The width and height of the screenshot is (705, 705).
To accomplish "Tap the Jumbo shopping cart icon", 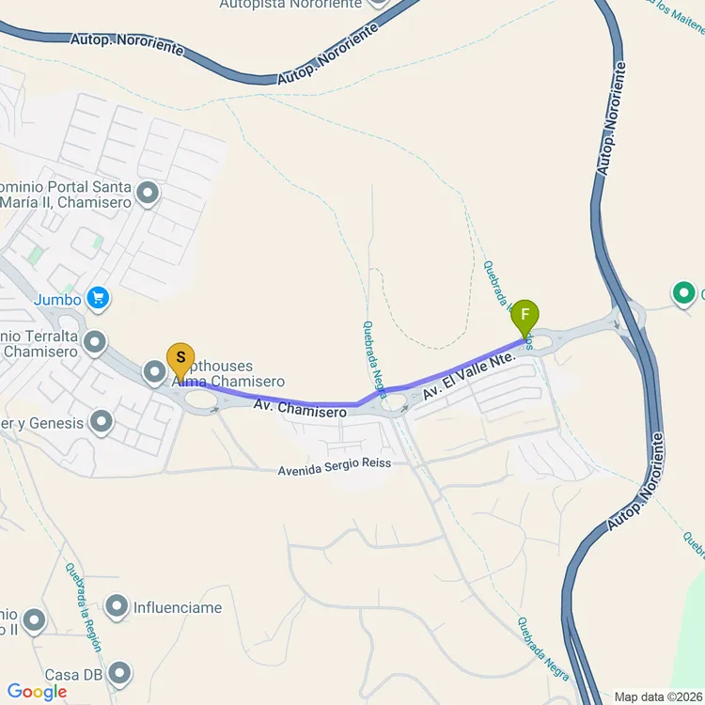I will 98,300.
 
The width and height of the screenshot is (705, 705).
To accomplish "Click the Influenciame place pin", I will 117,607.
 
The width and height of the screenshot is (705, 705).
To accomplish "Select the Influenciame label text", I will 178,608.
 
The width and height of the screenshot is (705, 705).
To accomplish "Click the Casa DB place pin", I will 119,673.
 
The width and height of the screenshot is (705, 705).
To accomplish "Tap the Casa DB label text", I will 73,675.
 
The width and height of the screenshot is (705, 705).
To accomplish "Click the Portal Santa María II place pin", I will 148,195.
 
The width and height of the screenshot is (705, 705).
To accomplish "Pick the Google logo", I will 38,693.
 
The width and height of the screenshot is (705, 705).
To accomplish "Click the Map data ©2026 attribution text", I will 658,697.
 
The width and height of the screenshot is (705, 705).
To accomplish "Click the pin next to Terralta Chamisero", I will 94,343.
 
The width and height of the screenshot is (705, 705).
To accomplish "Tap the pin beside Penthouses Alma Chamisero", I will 155,373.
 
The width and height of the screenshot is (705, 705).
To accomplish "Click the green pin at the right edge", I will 683,294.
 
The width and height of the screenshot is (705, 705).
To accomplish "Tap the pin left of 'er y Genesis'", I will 102,423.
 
